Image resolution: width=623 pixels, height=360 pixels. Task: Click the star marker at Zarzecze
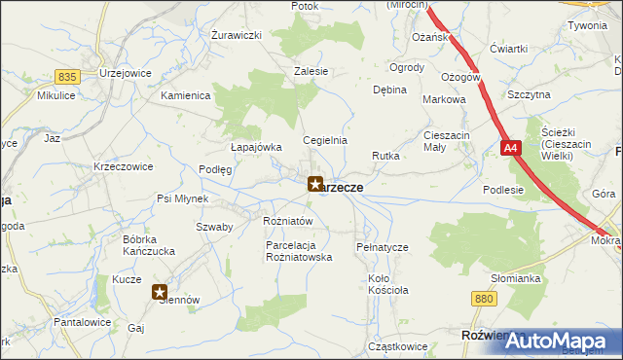pos(315,182)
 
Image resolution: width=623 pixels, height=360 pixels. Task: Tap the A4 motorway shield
pos(512,149)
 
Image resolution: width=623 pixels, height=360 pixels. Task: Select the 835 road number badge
pos(67,76)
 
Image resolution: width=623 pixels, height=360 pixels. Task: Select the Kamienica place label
pos(186,95)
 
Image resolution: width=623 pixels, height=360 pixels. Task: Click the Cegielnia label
pos(325,140)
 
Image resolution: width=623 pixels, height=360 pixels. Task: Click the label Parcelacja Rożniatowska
pos(300,252)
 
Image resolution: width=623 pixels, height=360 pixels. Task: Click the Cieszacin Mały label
pos(447,141)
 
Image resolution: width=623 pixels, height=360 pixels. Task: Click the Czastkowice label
pos(398,346)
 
